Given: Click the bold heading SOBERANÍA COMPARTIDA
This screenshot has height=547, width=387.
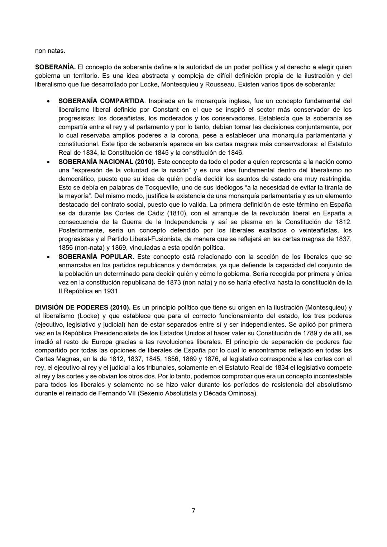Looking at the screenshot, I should [101, 101].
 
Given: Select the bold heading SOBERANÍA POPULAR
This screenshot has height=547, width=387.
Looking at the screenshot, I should [96, 257].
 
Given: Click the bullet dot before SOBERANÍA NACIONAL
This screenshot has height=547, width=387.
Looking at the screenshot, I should [48, 162].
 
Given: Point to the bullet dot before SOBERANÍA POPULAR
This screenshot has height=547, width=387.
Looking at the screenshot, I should [48, 257].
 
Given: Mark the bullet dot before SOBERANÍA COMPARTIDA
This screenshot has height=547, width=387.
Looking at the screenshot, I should [48, 101].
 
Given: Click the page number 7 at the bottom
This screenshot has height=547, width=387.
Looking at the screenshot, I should [193, 510].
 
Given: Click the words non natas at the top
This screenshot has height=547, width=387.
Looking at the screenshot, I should [50, 51].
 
